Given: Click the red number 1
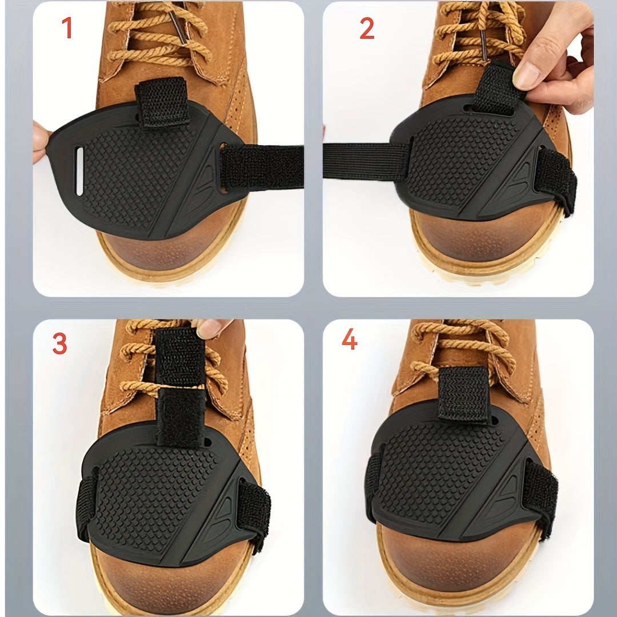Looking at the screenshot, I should pyautogui.click(x=67, y=28).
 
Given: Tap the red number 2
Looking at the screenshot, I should pyautogui.click(x=366, y=29).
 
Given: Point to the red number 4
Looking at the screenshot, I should pyautogui.click(x=349, y=340).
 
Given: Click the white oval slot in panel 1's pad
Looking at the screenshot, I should pyautogui.click(x=79, y=162).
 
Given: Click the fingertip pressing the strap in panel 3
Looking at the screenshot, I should pyautogui.click(x=213, y=328).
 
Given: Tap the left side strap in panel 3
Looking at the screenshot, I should pyautogui.click(x=87, y=506).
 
